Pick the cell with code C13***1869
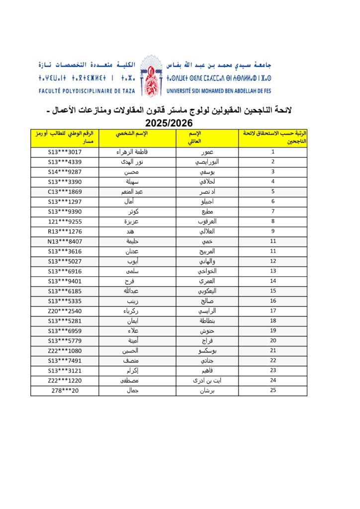click(65, 192)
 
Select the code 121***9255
click(65, 222)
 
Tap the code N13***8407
click(65, 242)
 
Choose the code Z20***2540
click(65, 311)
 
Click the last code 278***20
click(65, 391)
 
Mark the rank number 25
click(273, 391)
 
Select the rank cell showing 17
click(273, 311)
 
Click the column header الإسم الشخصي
click(133, 134)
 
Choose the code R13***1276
click(65, 232)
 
